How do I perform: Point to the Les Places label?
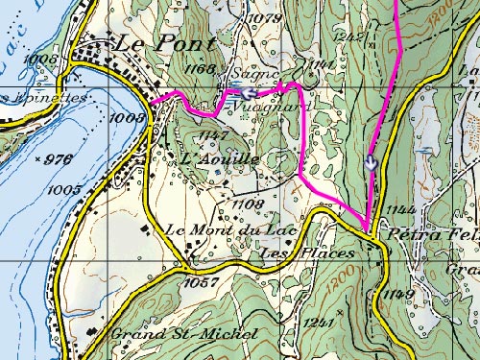tap(307, 253)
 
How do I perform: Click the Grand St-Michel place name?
tap(184, 334)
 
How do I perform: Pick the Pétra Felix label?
tap(431, 234)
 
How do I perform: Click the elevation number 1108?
tap(248, 204)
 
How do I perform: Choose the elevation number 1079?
tap(261, 18)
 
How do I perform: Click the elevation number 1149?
tap(399, 294)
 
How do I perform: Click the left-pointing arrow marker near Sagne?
tap(248, 93)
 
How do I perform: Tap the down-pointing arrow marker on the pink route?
tap(372, 162)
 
